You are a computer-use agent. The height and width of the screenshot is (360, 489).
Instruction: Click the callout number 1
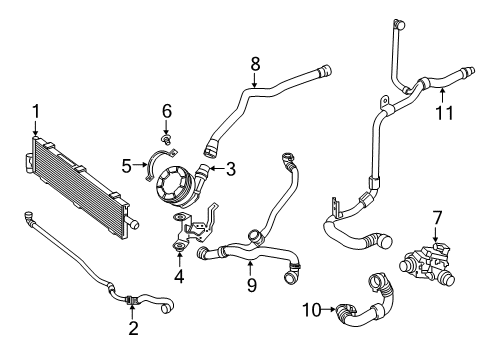(x=36, y=111)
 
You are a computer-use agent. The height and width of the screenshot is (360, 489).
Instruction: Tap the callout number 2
(x=133, y=328)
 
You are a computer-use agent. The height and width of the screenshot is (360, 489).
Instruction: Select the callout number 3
(x=231, y=169)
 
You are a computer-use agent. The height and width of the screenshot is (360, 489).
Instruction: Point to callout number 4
(x=179, y=276)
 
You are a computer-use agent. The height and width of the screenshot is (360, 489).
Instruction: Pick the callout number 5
(x=127, y=166)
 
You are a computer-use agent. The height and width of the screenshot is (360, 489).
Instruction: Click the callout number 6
(x=167, y=111)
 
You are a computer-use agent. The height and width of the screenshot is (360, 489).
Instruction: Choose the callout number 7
(x=437, y=218)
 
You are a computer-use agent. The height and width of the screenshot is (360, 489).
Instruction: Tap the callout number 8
(x=255, y=64)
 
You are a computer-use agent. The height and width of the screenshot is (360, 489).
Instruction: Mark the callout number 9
(x=252, y=285)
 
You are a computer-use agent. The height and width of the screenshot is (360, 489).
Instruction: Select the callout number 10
(x=312, y=310)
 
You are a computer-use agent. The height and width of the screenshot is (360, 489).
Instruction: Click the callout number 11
(x=445, y=113)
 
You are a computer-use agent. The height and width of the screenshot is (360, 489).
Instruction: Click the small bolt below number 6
(x=166, y=140)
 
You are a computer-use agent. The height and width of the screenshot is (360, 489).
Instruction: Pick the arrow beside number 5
(x=140, y=164)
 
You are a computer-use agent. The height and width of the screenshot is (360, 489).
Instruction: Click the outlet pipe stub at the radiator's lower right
(x=133, y=223)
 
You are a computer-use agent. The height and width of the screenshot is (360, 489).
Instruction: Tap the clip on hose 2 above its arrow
(x=132, y=300)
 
